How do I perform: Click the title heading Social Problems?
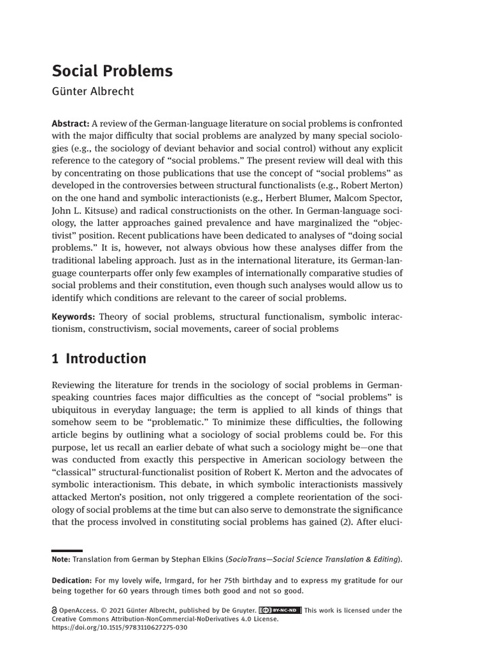pyautogui.click(x=111, y=71)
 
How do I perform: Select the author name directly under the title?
pyautogui.click(x=93, y=91)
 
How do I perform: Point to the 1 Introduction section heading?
pyautogui.click(x=99, y=358)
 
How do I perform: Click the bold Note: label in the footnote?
pyautogui.click(x=61, y=559)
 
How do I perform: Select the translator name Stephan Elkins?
pyautogui.click(x=197, y=559)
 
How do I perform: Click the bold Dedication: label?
pyautogui.click(x=71, y=580)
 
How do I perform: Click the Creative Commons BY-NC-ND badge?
pyautogui.click(x=280, y=610)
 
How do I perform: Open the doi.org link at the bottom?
pyautogui.click(x=119, y=628)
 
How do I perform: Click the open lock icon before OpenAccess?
pyautogui.click(x=54, y=610)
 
